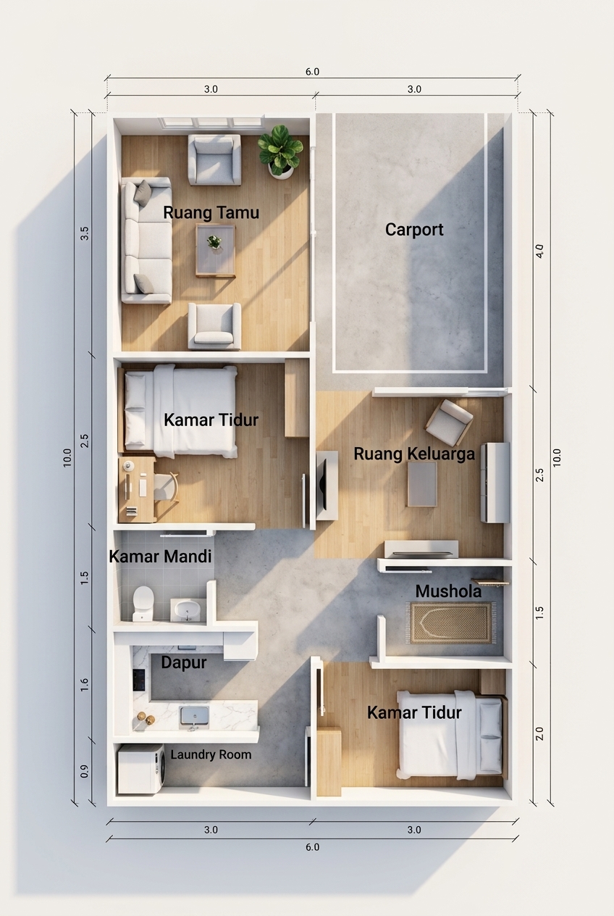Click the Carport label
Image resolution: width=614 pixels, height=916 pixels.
click(414, 230)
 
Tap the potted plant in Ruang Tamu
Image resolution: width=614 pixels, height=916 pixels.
click(280, 152)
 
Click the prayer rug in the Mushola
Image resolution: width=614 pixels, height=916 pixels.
click(450, 623)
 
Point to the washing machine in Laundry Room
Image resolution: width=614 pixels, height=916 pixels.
click(141, 769)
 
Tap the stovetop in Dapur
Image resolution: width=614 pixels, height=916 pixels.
click(139, 680)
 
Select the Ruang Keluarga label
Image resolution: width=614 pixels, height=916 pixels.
click(414, 454)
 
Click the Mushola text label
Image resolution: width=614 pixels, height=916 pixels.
click(448, 591)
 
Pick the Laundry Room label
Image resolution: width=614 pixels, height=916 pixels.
click(211, 755)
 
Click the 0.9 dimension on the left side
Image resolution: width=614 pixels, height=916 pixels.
click(84, 771)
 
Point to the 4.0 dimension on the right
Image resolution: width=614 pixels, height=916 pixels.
click(539, 251)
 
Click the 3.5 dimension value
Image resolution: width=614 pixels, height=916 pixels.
click(84, 233)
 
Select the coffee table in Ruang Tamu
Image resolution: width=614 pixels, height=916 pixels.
click(215, 250)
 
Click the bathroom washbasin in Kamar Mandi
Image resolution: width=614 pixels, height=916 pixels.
click(188, 610)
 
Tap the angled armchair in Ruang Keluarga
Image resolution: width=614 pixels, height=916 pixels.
click(449, 422)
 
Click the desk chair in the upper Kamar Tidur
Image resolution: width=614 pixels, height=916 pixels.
click(167, 487)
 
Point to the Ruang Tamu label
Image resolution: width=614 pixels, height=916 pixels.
click(211, 212)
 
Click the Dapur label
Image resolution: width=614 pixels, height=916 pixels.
click(184, 662)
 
